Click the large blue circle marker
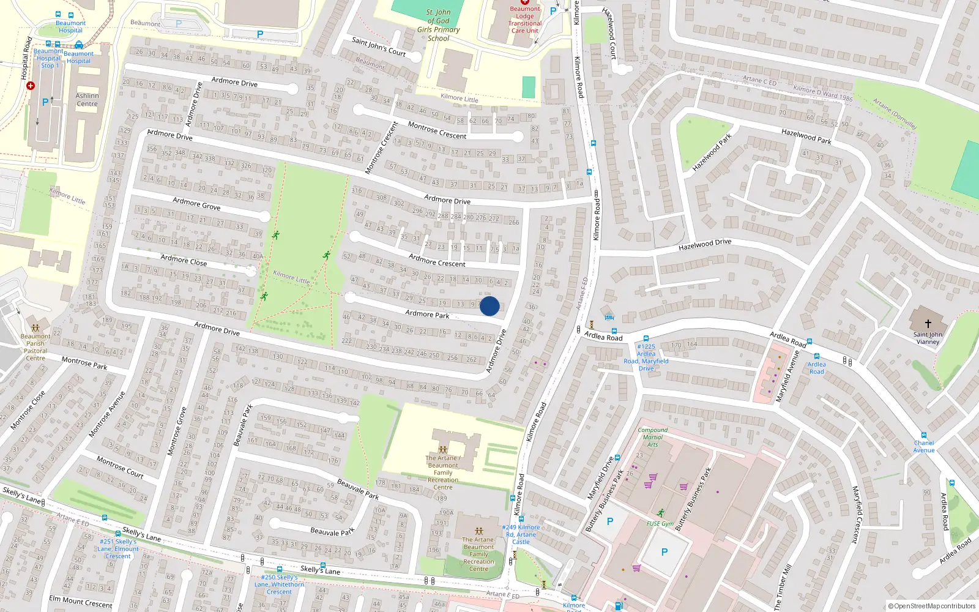[489, 306]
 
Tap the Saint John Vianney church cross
[928, 323]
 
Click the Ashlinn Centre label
[87, 100]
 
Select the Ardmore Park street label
[427, 314]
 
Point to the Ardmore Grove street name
[196, 204]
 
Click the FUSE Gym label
[660, 524]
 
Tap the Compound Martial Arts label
[653, 437]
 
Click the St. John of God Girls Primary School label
[438, 25]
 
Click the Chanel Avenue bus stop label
[924, 446]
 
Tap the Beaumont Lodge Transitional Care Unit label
[525, 20]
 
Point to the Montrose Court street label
[120, 467]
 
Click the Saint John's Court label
[379, 47]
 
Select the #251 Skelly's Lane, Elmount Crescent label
[118, 549]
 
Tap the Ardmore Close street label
[184, 260]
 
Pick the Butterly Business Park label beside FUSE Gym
[693, 499]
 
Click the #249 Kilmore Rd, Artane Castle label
[521, 534]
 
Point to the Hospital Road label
[26, 59]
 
